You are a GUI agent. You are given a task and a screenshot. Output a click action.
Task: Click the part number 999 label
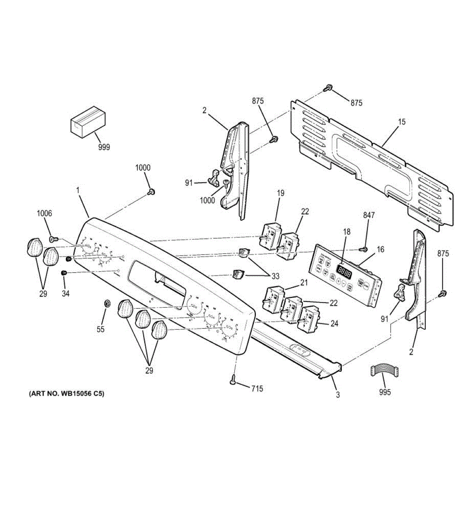[103, 147]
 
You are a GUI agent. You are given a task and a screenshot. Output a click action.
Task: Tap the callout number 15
[401, 122]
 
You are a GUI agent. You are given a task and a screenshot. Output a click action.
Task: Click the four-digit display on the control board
[343, 269]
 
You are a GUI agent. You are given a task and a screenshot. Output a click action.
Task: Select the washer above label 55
[106, 303]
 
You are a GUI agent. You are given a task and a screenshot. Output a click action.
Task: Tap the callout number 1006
[44, 213]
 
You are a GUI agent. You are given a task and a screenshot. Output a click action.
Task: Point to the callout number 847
[369, 215]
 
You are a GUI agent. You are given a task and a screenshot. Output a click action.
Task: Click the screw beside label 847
[363, 248]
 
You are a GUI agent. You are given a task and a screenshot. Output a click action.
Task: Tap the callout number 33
[275, 276]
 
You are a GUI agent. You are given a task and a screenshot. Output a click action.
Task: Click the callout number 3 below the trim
[337, 395]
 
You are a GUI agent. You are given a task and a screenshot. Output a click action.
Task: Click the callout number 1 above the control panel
[78, 191]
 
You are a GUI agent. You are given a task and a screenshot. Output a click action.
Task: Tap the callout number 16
[380, 249]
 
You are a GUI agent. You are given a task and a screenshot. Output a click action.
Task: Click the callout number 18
[347, 232]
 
